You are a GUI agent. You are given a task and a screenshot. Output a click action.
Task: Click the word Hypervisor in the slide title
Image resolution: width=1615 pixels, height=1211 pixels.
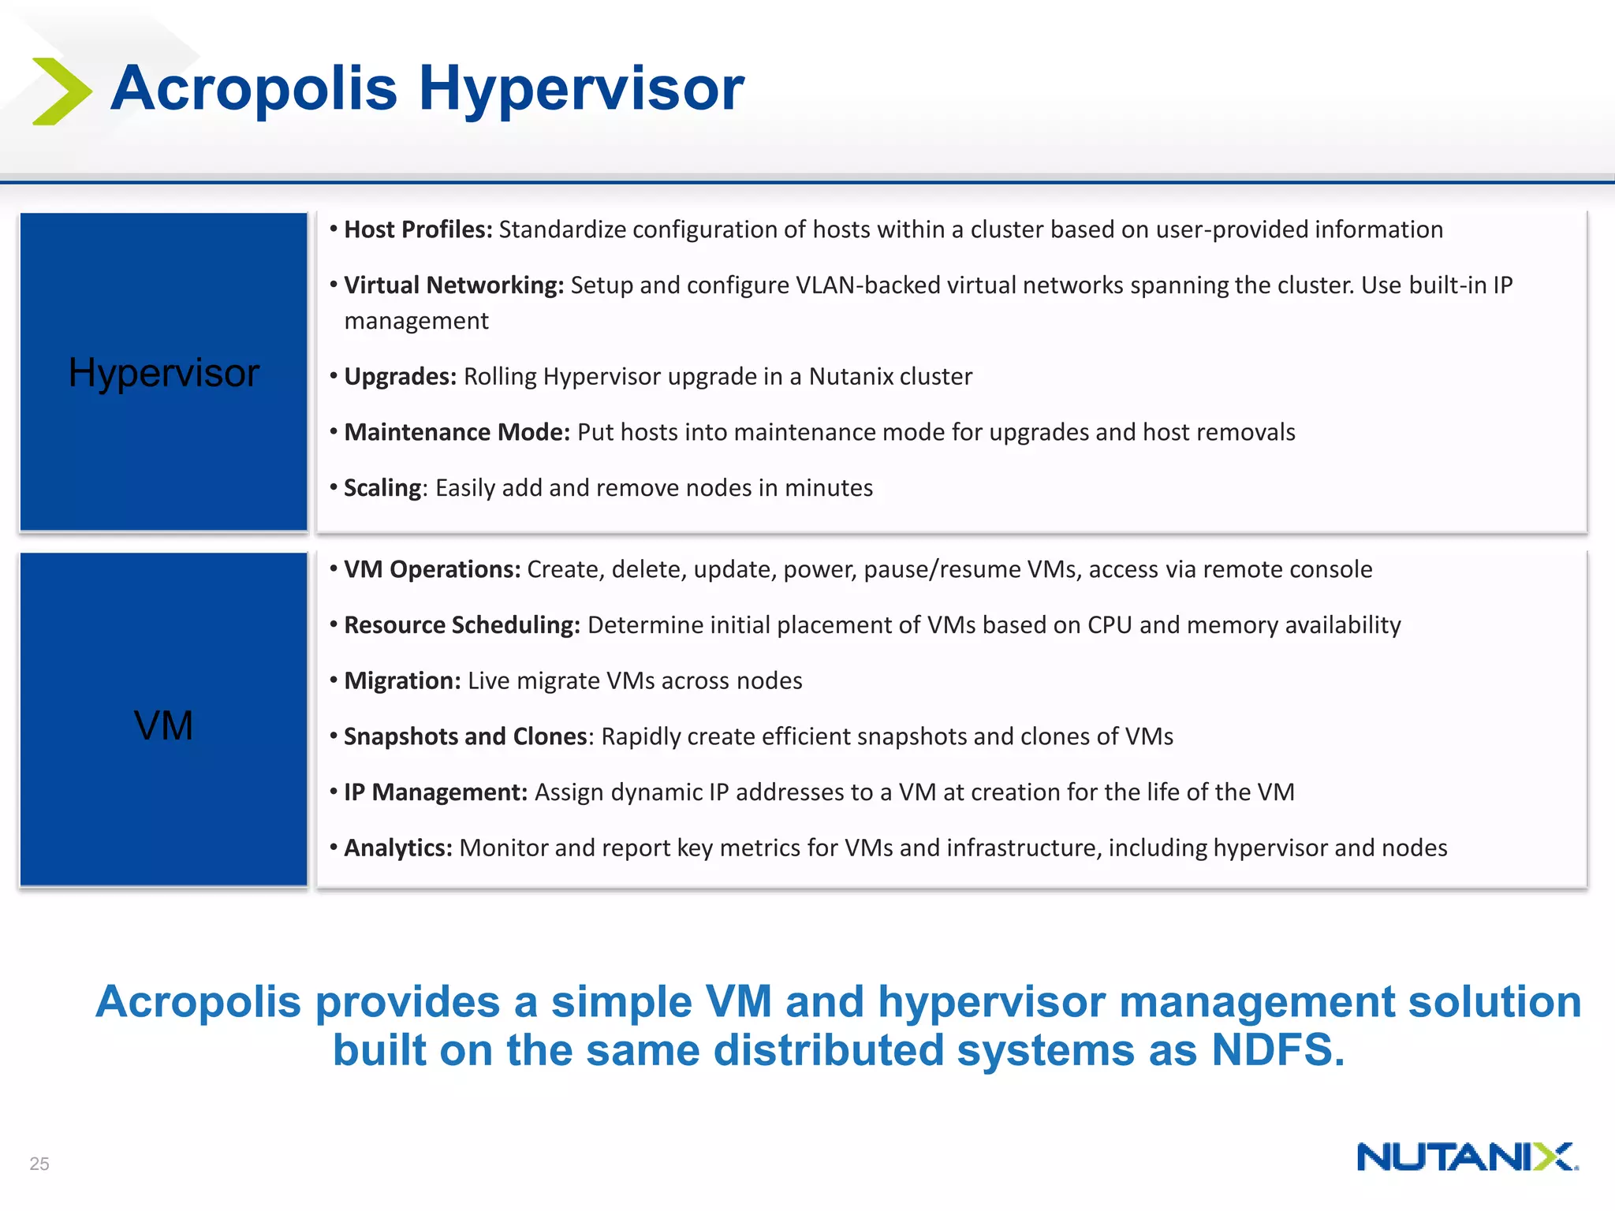pos(581,88)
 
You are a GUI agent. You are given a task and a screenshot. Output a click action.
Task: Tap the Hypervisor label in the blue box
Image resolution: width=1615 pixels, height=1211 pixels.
pos(163,372)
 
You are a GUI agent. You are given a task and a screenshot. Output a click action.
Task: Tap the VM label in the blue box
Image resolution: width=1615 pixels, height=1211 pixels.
pos(163,725)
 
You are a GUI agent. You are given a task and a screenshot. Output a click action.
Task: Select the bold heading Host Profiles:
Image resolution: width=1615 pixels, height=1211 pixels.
pos(418,229)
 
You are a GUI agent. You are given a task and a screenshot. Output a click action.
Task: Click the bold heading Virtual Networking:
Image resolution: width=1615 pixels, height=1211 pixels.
pos(453,285)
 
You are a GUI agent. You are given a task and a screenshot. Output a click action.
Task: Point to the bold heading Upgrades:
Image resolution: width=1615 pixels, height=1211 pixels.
pos(400,376)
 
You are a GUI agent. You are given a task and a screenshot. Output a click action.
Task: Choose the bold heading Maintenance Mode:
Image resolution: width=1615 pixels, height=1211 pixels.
pos(457,432)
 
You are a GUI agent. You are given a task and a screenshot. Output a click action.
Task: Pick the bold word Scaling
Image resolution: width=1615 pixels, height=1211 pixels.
pos(382,488)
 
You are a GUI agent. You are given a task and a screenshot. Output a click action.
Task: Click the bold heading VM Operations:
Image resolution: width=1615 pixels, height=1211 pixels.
pos(432,569)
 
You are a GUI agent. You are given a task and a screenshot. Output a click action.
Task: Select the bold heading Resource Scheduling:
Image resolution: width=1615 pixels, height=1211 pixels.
pos(462,625)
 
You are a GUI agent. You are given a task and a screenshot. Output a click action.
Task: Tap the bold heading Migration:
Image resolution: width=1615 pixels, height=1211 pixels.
pos(402,680)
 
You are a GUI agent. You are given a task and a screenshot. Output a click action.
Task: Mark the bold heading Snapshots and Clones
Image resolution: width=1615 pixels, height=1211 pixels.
pos(465,736)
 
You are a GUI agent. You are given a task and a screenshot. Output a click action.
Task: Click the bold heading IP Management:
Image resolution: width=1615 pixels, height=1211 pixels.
pos(435,792)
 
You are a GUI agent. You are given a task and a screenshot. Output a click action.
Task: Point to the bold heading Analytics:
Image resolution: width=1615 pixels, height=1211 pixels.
pos(397,848)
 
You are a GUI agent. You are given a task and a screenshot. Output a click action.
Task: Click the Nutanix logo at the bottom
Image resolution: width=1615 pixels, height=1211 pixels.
pos(1467,1157)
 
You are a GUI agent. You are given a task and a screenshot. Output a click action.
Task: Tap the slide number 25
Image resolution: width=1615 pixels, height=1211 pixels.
pos(39,1164)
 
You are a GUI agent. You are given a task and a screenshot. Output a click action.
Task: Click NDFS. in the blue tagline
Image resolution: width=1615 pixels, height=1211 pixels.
pos(1277,1050)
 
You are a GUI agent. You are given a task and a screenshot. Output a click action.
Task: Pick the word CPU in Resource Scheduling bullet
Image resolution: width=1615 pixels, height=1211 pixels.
pos(1110,625)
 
